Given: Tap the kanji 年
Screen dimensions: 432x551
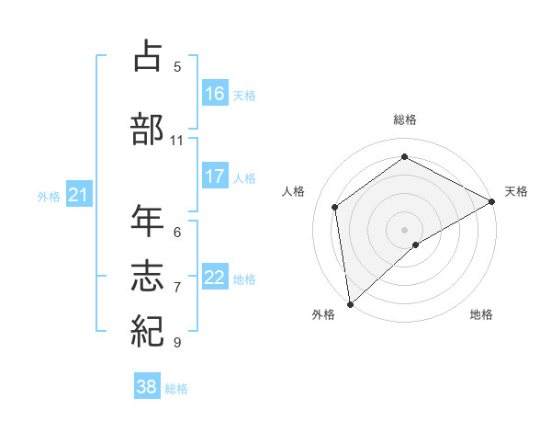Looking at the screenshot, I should (x=149, y=222).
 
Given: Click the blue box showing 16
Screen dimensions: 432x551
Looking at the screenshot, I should (x=215, y=93).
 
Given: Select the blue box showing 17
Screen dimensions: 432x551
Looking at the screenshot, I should (x=215, y=176).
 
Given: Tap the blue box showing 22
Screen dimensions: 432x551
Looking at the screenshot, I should (x=215, y=278).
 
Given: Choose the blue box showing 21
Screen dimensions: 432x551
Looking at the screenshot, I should (x=79, y=194).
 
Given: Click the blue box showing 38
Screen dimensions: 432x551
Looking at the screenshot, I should (x=147, y=387).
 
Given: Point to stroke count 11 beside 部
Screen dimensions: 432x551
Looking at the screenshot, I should (x=177, y=141).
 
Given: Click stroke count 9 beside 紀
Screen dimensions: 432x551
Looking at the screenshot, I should (x=177, y=343).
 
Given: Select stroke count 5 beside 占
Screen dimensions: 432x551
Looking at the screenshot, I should (x=177, y=66).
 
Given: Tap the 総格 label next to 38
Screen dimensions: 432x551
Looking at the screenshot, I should (x=176, y=389).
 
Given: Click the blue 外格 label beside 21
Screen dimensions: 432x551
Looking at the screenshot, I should (x=49, y=196).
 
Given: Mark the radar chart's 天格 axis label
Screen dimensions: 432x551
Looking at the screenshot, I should (x=516, y=191).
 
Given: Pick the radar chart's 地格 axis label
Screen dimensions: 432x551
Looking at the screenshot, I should (x=481, y=314).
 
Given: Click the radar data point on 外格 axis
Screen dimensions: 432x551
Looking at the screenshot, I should (x=350, y=303).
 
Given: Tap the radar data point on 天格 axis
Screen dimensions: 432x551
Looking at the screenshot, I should (x=492, y=200).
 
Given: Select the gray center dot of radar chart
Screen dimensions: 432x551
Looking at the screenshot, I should (x=404, y=229).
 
